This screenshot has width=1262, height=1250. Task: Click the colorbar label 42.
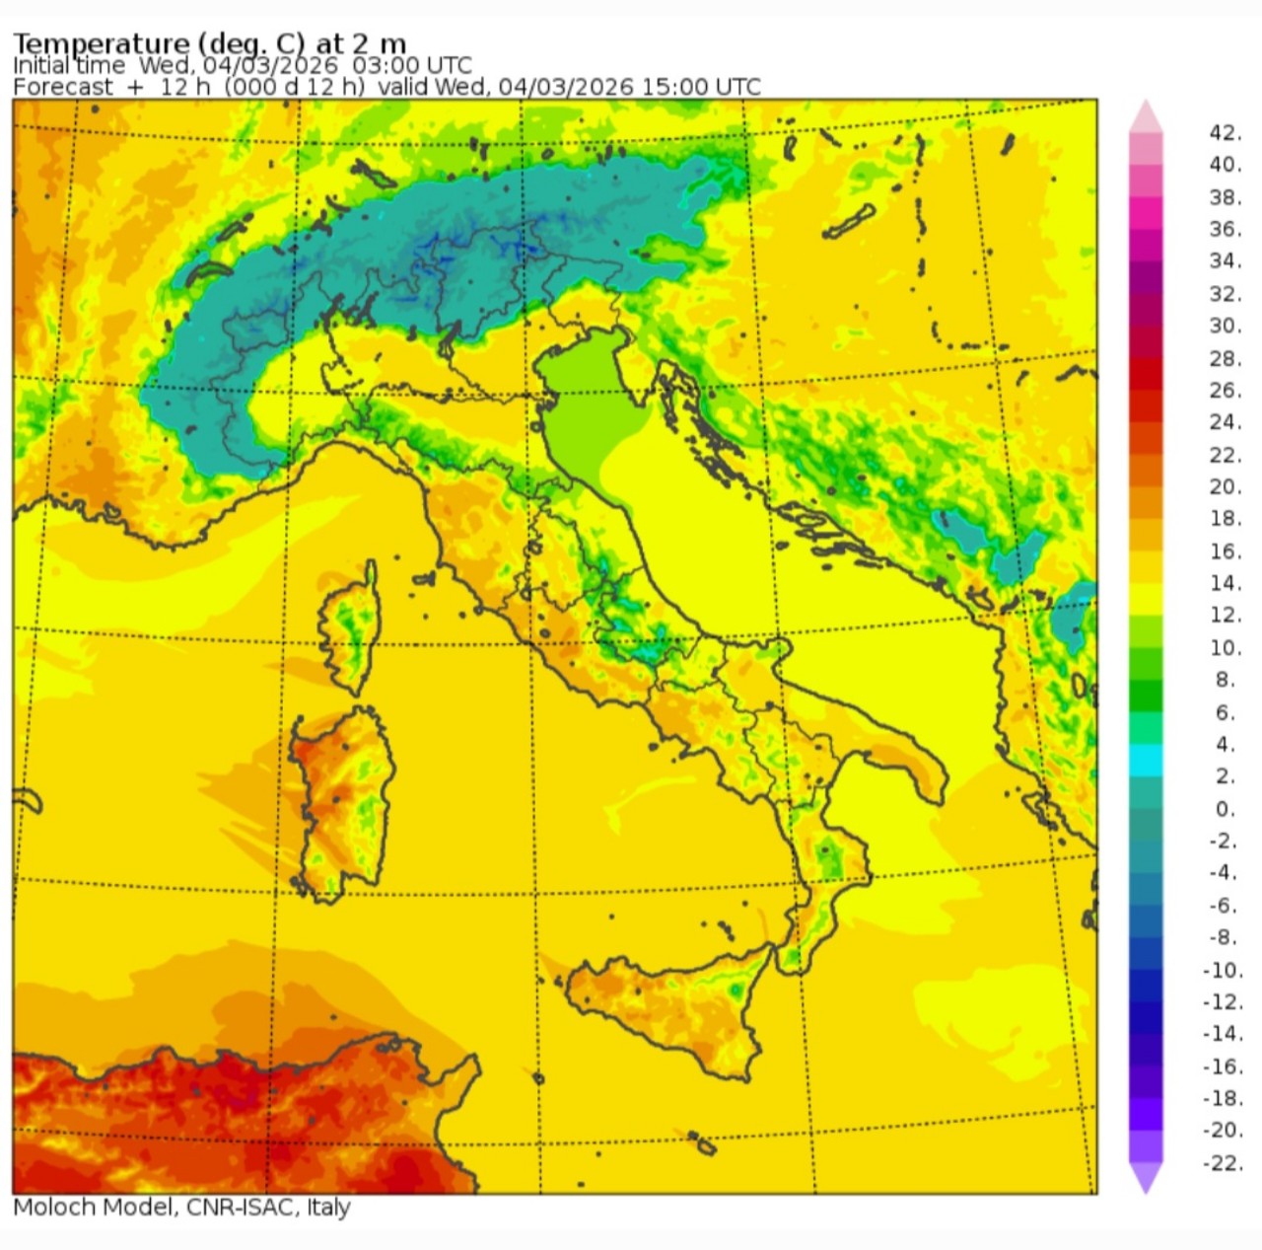tap(1225, 132)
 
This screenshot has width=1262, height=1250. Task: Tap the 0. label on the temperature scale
tap(1225, 809)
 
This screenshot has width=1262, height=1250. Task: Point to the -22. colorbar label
tap(1223, 1163)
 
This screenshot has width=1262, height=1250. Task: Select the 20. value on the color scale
tap(1225, 486)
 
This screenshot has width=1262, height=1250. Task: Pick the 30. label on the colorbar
tap(1225, 326)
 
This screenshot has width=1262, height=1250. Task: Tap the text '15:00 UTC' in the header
tap(701, 87)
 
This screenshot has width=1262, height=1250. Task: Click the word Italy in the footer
tap(328, 1208)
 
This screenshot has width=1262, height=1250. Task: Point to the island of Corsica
tap(350, 631)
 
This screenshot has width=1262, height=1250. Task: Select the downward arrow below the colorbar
tap(1146, 1178)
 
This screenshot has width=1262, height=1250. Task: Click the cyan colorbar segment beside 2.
tap(1146, 761)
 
